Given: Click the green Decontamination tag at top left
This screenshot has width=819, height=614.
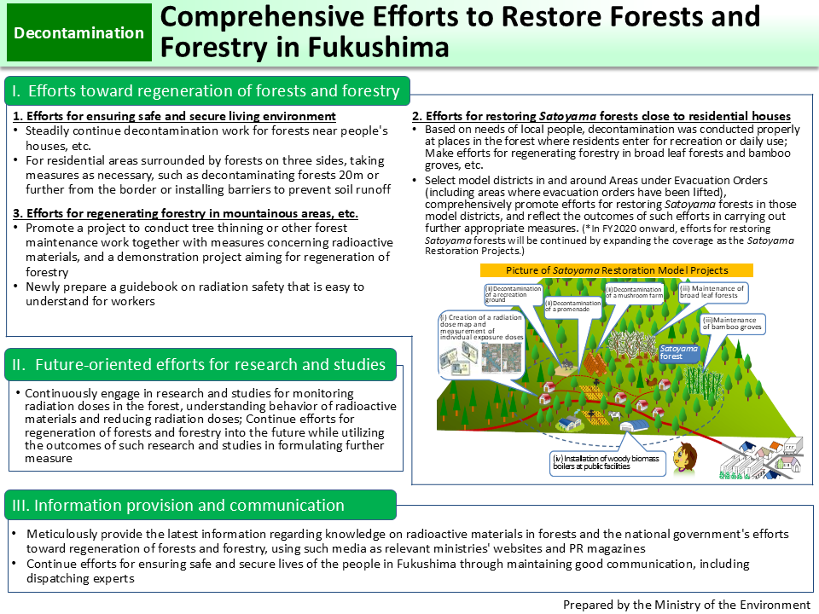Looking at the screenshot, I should tap(79, 33).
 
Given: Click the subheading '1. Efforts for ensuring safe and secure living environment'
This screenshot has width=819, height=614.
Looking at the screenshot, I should tap(175, 116).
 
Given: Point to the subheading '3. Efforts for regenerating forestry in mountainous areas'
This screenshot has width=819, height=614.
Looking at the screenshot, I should tap(186, 213).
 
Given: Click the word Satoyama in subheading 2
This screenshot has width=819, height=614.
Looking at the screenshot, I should tap(569, 116).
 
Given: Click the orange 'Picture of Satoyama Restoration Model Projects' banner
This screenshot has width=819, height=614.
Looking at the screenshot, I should tap(617, 269).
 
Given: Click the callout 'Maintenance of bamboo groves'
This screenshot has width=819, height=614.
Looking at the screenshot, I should tap(733, 324).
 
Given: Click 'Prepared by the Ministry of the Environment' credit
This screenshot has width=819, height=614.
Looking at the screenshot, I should tap(685, 604).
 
